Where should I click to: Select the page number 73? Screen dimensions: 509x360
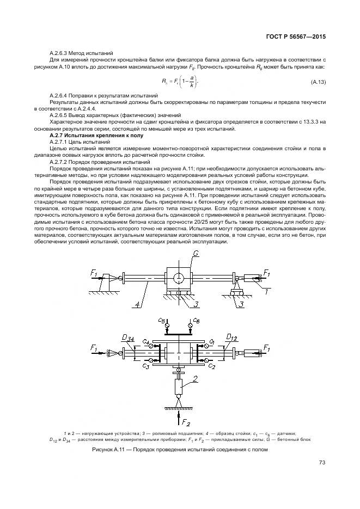[322, 463]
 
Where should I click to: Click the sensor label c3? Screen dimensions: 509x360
[146, 366]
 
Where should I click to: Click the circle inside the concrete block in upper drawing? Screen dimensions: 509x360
[179, 277]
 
